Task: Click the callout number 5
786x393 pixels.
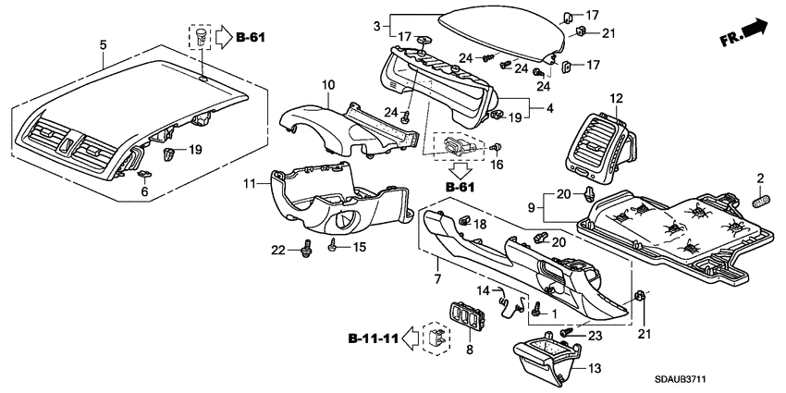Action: (x=103, y=43)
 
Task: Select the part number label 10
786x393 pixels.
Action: (x=327, y=86)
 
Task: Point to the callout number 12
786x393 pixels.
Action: (x=616, y=98)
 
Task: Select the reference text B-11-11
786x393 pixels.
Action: (x=375, y=339)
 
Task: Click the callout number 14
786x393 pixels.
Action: (x=482, y=290)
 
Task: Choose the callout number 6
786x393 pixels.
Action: (x=143, y=191)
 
